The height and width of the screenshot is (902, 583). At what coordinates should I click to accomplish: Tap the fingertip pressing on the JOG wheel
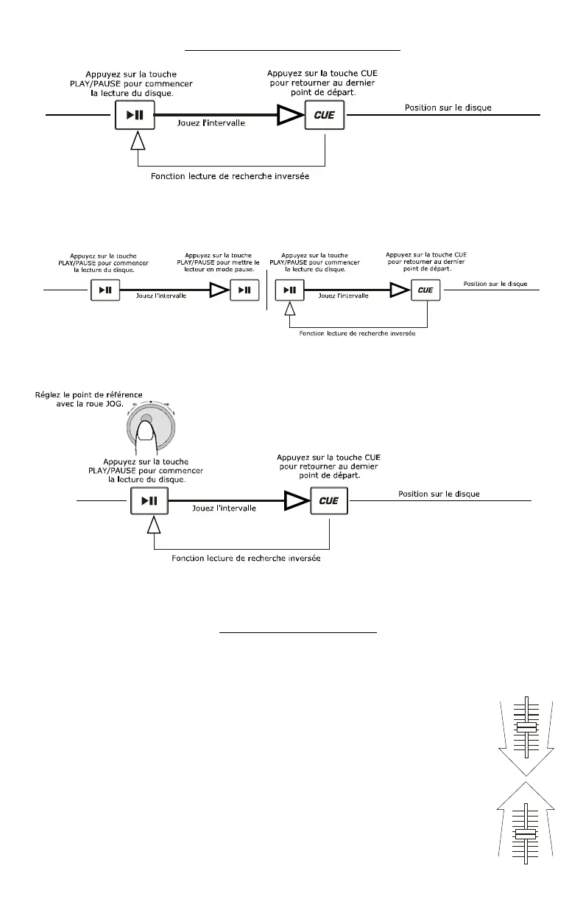coord(146,422)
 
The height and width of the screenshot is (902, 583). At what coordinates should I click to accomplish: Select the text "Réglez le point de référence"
coord(90,394)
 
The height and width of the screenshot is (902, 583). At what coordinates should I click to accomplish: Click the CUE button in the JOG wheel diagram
coord(329,501)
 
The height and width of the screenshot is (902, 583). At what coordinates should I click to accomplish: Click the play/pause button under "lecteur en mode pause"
coord(244,290)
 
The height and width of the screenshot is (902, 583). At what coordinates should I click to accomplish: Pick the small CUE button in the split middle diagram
coord(425,290)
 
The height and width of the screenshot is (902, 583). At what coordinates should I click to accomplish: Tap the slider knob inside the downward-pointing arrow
coord(527,727)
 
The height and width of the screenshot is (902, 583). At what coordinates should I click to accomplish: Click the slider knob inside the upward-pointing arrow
coord(526,834)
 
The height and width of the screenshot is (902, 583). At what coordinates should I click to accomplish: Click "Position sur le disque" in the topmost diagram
coord(448,108)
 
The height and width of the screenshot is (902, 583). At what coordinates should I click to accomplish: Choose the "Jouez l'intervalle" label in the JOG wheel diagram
coord(224,508)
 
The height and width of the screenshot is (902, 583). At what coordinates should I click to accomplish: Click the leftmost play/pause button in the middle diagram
coord(103,290)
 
